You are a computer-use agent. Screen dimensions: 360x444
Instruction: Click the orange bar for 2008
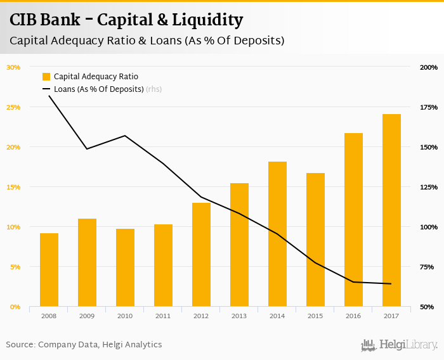click(x=49, y=270)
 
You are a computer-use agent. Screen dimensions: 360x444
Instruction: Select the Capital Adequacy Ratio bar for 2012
click(x=201, y=255)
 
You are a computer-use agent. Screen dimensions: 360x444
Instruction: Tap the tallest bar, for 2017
click(x=391, y=210)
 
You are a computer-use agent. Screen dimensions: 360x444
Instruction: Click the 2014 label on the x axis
click(x=277, y=315)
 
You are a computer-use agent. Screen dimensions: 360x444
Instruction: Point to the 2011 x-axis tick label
click(x=163, y=315)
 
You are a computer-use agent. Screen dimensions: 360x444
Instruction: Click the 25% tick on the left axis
click(x=13, y=107)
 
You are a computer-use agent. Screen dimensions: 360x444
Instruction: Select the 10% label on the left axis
click(x=13, y=227)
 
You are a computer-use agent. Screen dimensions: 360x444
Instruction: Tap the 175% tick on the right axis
click(x=429, y=107)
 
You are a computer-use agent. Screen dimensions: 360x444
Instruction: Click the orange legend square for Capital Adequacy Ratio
click(x=46, y=77)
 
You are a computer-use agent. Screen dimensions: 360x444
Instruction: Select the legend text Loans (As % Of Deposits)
click(x=98, y=89)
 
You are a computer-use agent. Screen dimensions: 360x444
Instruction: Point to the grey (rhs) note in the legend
click(x=153, y=89)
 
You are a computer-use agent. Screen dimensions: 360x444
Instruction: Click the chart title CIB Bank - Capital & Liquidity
click(x=126, y=20)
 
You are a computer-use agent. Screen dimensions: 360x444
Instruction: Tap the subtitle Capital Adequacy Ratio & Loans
click(x=147, y=41)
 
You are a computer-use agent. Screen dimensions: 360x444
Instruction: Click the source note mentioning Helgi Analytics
click(x=84, y=345)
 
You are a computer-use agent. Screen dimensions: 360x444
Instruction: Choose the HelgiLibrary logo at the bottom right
click(x=399, y=345)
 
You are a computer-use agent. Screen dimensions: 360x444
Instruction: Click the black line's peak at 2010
click(x=125, y=136)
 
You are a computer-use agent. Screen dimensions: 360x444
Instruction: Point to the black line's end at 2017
click(x=391, y=283)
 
